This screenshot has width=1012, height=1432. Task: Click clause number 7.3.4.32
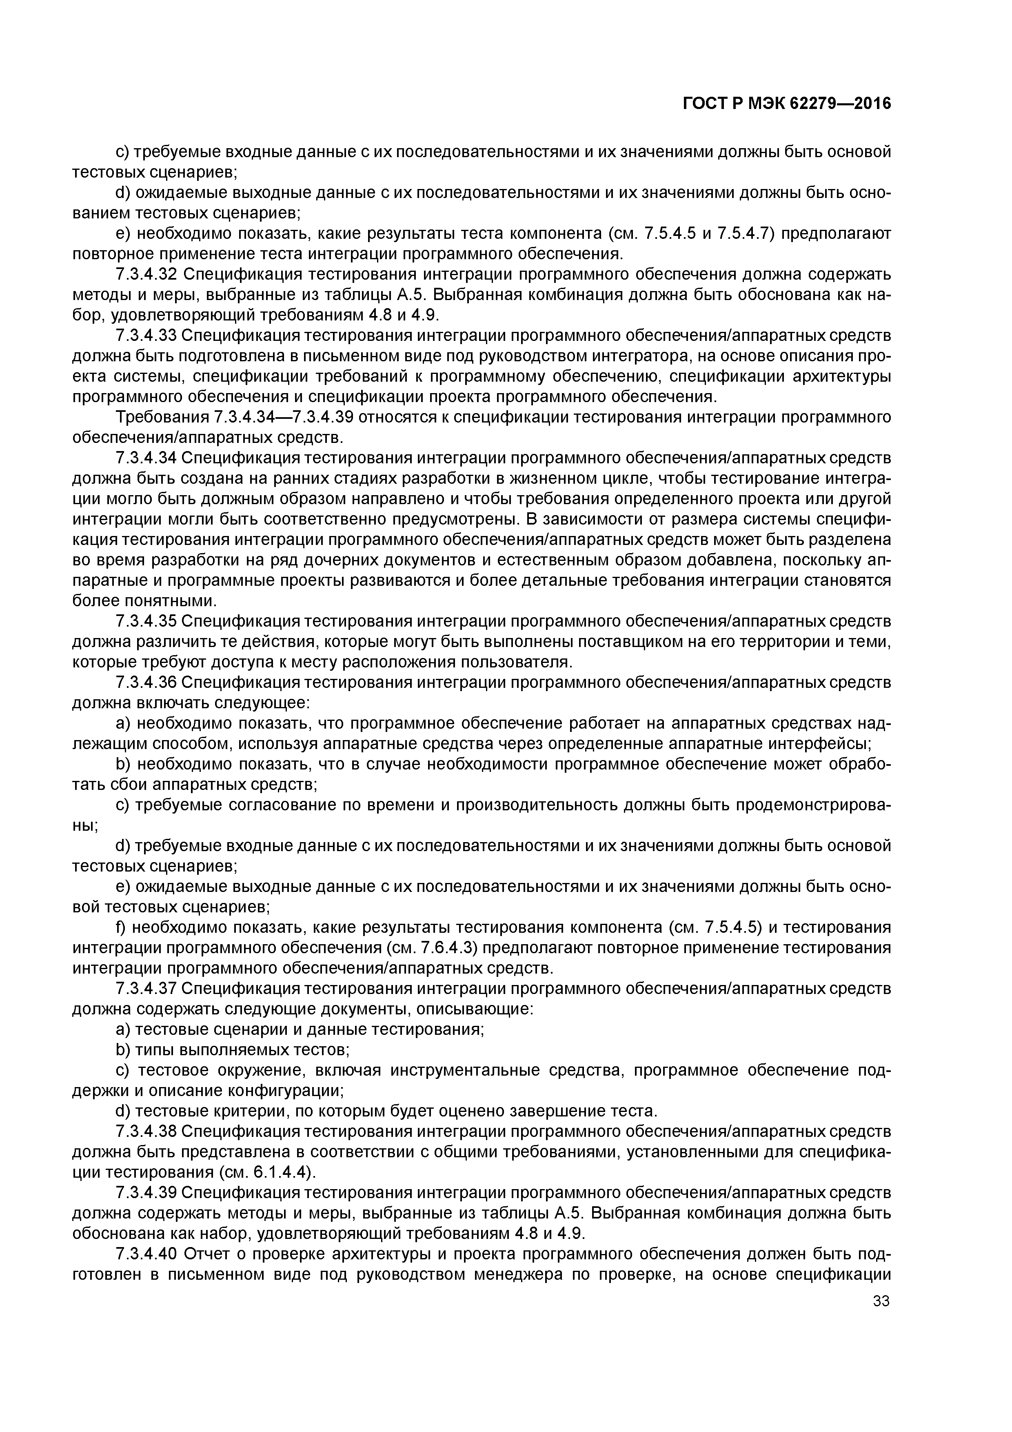147,274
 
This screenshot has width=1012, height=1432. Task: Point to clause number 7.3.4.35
147,622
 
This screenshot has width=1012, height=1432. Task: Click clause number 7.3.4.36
147,683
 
